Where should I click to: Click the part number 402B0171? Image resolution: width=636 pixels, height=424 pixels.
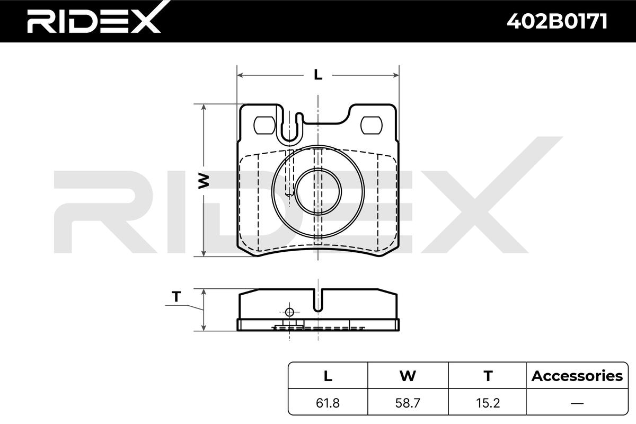click(557, 21)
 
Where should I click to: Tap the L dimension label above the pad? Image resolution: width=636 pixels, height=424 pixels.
click(318, 75)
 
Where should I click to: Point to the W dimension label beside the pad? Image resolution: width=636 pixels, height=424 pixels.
click(204, 181)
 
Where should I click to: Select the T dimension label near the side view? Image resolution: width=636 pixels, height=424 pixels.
click(176, 296)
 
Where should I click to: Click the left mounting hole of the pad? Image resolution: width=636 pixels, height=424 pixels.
click(264, 125)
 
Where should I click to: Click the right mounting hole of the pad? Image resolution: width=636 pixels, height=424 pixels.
click(372, 125)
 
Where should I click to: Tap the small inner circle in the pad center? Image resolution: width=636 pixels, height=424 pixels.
click(318, 191)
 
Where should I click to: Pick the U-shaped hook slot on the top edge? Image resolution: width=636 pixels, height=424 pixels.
click(289, 127)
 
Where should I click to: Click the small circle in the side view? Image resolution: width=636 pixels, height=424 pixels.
click(289, 312)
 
